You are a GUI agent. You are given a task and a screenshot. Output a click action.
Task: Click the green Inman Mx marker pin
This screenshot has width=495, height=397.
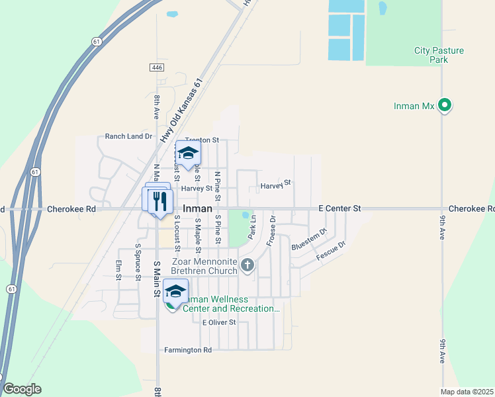[x=445, y=105]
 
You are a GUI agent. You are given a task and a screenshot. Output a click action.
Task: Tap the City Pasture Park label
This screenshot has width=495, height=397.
[x=439, y=55]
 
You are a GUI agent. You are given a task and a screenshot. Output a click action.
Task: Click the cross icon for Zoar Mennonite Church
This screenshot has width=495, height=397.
[x=247, y=266]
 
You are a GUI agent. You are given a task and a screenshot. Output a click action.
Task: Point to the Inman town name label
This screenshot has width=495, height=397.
[x=197, y=208]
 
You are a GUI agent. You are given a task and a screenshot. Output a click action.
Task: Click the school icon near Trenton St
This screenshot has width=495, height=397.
[x=188, y=153]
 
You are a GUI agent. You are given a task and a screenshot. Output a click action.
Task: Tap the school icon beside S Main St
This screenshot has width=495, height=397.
[x=175, y=291]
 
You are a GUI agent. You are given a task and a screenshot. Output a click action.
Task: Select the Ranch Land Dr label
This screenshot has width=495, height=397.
[x=128, y=136]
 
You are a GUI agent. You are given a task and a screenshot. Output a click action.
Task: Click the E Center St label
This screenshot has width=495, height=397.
[x=339, y=208]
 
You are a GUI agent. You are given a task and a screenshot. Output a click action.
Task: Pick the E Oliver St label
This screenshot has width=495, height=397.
[x=219, y=322]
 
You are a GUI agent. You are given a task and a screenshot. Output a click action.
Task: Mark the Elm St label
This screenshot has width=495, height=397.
[x=118, y=269]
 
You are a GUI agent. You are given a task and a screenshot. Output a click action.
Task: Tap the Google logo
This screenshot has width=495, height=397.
[x=22, y=389]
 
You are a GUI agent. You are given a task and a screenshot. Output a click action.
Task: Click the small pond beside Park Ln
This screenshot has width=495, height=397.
[x=246, y=216]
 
